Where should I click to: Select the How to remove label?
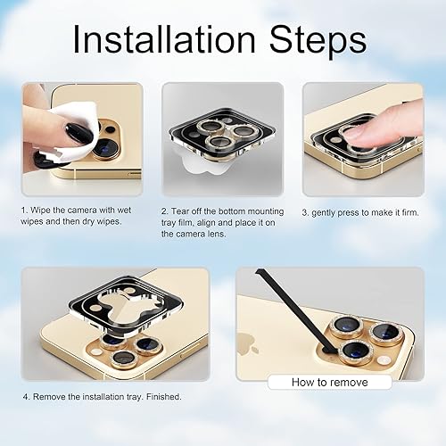(x=329, y=382)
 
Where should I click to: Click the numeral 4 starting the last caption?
(x=25, y=396)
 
